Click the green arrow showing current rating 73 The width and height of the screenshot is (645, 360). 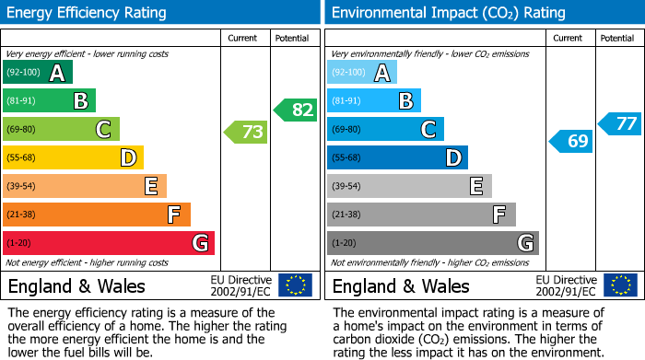click(246, 133)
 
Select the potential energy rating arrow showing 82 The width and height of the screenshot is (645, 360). click(295, 110)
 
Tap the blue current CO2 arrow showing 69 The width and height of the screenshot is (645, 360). click(571, 141)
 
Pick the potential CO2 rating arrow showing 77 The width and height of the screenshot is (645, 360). click(620, 123)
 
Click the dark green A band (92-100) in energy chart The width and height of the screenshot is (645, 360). click(38, 73)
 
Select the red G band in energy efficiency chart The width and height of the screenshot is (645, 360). click(109, 243)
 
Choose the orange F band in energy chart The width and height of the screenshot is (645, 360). click(97, 215)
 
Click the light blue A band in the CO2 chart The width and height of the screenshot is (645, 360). click(362, 73)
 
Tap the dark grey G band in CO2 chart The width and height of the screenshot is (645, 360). click(432, 243)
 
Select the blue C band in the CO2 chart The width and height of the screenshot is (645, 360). click(385, 129)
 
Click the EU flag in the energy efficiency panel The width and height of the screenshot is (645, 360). click(295, 285)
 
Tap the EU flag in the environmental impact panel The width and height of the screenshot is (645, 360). click(619, 285)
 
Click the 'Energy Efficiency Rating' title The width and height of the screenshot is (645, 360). click(88, 13)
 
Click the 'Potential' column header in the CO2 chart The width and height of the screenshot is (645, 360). click(617, 39)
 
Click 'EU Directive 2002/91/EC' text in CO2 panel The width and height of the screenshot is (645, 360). click(566, 285)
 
